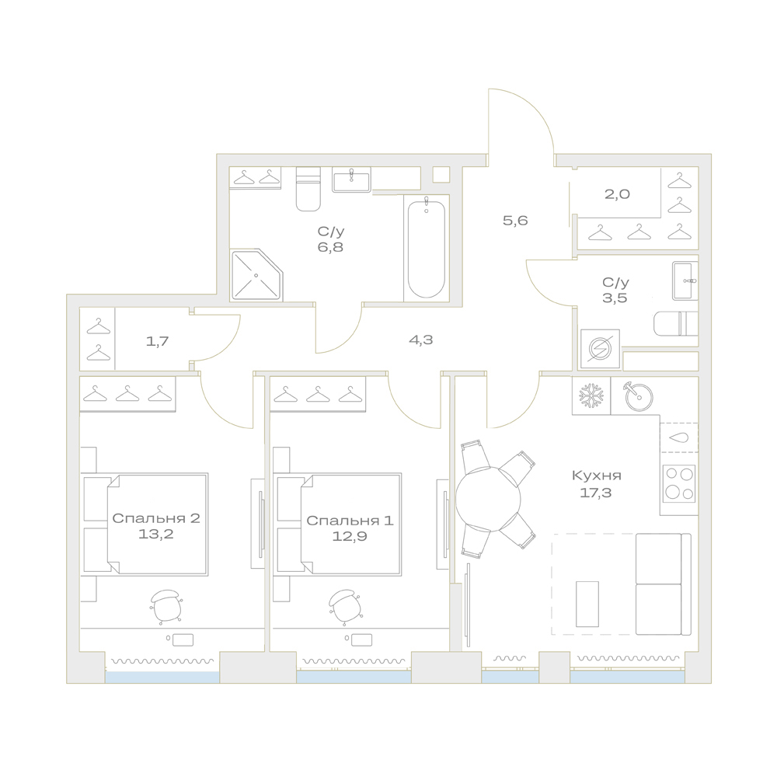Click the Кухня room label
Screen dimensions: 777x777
(596, 476)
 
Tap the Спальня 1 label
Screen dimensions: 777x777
(350, 521)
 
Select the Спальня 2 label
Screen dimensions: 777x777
(156, 518)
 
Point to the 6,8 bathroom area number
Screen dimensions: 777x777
(330, 247)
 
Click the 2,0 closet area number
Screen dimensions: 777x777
(617, 193)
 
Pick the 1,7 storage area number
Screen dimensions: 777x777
(158, 341)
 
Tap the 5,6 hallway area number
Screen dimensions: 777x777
(515, 221)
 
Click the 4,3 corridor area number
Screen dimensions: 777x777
(420, 340)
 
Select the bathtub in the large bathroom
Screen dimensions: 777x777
(426, 247)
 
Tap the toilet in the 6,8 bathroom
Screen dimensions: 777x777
(308, 189)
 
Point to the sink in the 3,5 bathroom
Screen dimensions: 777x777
(685, 280)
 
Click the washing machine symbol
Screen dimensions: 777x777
(600, 349)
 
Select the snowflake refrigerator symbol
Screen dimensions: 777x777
(591, 395)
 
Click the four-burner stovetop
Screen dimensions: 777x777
(679, 483)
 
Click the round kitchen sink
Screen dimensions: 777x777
(639, 396)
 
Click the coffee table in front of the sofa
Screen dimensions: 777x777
(587, 604)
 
